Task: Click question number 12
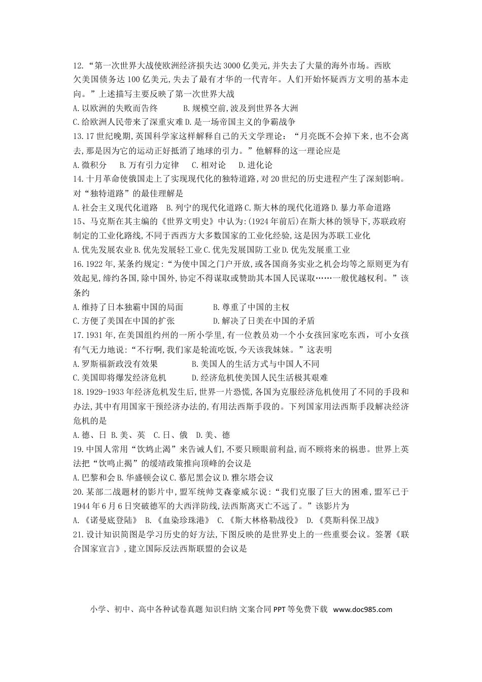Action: coord(78,65)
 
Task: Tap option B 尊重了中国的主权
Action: coord(251,307)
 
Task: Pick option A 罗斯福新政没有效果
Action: coord(116,364)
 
